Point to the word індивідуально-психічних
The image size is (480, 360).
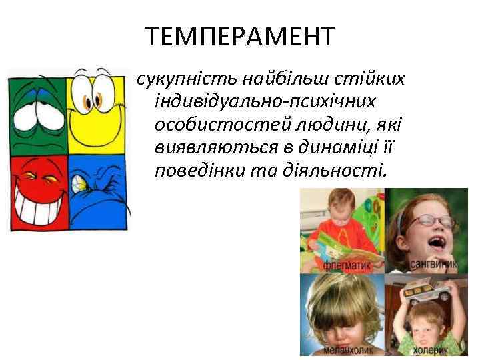265,103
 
